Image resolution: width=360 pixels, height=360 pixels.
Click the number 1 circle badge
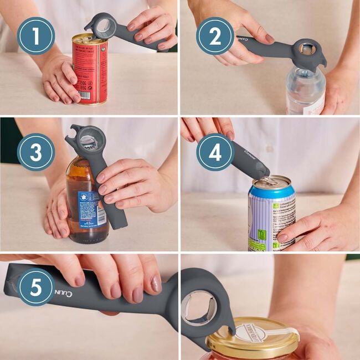36,36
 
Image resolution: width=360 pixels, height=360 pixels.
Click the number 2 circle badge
215,36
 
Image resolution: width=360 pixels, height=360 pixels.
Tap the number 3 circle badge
36,152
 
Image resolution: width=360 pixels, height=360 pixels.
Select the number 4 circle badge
215,152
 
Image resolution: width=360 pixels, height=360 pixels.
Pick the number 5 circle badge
36,287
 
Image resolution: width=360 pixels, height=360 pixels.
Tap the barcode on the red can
85,95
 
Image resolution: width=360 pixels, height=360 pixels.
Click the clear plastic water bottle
305,91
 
